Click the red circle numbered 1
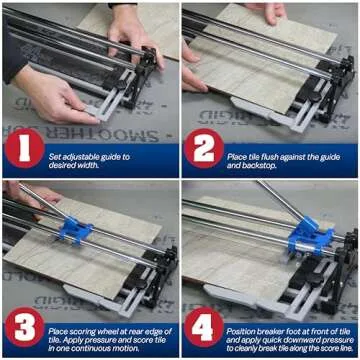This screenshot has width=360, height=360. pyautogui.click(x=25, y=150)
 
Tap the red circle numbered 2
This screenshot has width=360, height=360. pyautogui.click(x=204, y=150)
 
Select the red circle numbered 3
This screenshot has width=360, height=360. pyautogui.click(x=25, y=330)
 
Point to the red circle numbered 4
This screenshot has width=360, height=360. pyautogui.click(x=204, y=330)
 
